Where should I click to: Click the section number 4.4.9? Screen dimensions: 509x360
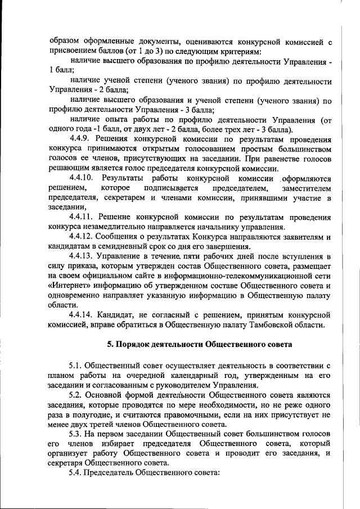(x=80, y=138)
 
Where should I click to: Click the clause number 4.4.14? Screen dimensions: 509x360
(x=82, y=314)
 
